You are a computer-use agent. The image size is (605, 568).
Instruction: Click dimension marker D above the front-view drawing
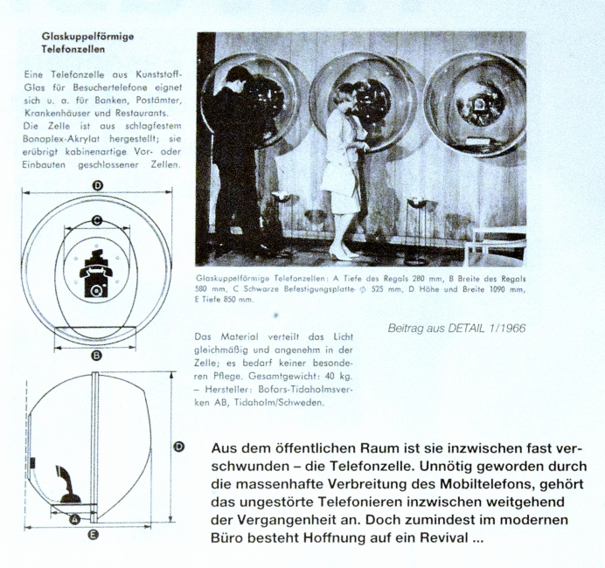(x=97, y=185)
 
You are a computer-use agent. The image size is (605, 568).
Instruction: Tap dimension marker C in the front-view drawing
(x=97, y=220)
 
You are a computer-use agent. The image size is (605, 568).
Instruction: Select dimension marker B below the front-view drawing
(x=97, y=356)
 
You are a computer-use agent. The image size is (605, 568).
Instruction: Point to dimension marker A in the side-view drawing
(x=74, y=517)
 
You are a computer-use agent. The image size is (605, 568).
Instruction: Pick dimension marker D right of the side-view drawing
(x=179, y=447)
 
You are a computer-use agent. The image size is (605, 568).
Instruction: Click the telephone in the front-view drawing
(x=97, y=273)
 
